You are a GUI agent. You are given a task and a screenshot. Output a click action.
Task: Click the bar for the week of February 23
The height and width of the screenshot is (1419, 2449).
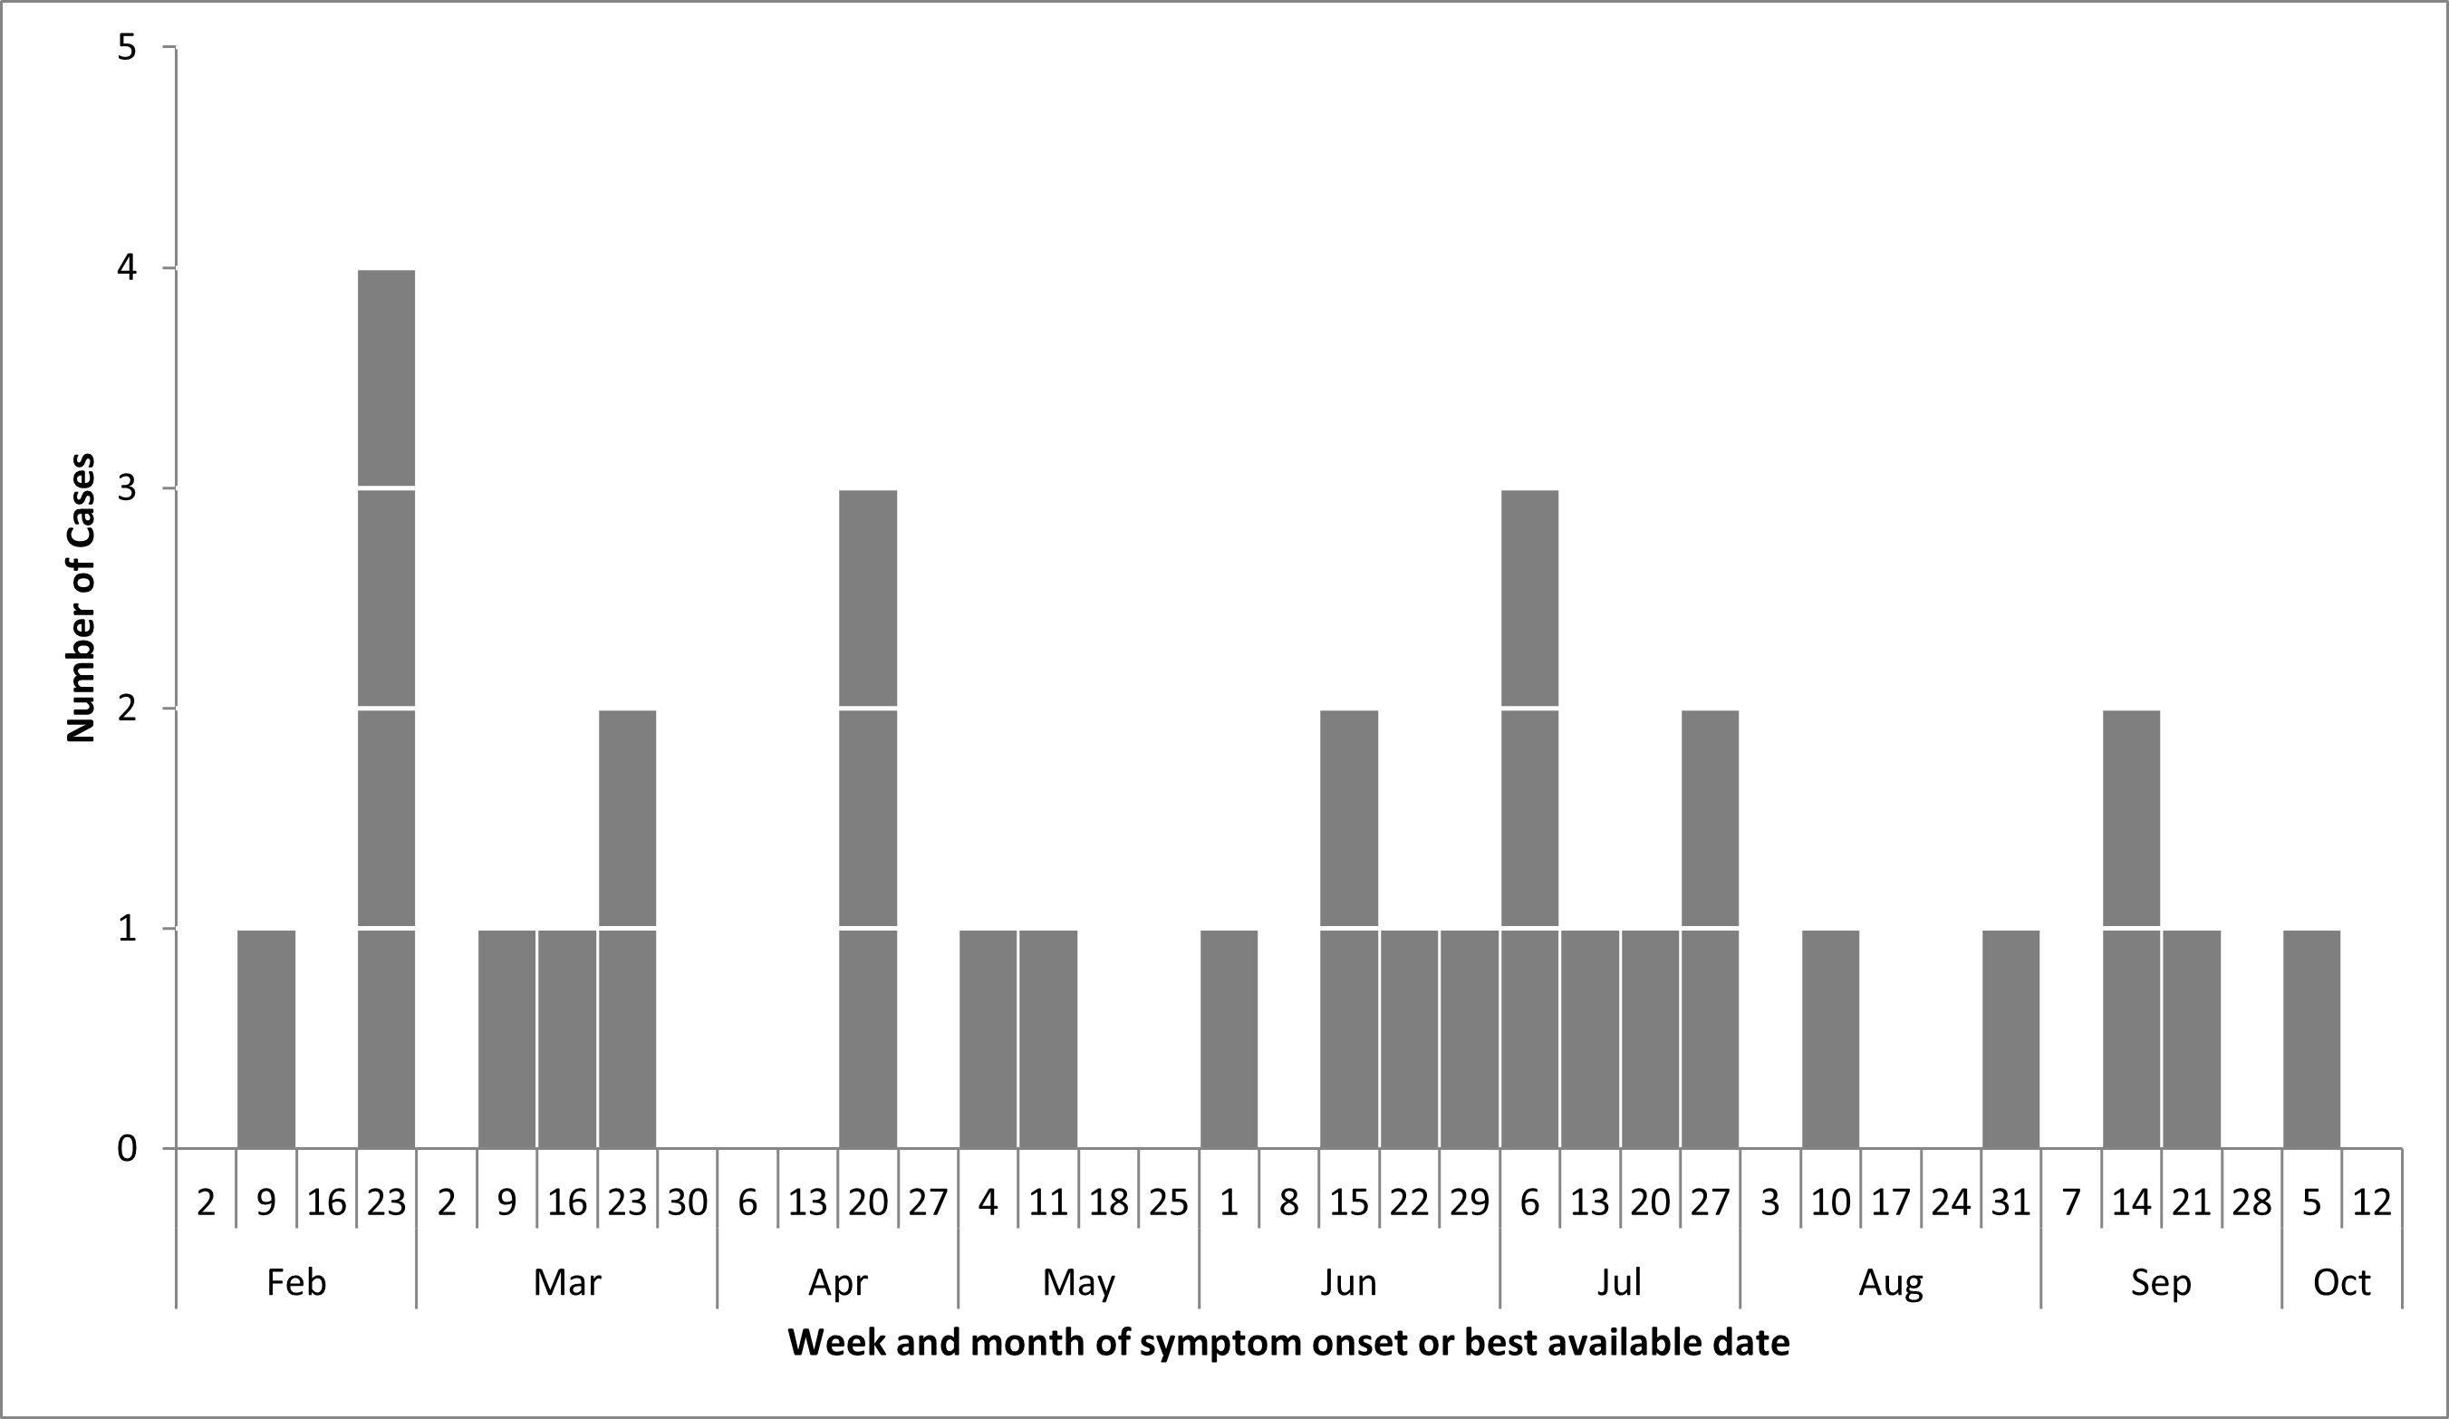[386, 709]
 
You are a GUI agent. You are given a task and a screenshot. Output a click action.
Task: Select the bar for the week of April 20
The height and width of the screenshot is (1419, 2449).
[868, 819]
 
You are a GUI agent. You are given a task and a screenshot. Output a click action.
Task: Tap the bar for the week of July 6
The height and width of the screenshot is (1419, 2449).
[1529, 819]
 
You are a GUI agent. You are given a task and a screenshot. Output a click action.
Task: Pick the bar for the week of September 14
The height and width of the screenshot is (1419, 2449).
[2131, 929]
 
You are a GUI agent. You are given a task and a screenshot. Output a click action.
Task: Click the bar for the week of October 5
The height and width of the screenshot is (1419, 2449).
[2312, 1039]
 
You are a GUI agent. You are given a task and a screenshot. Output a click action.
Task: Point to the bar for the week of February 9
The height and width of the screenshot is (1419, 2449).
[266, 1039]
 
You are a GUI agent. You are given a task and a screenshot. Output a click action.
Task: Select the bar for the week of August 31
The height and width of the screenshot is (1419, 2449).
[2010, 1039]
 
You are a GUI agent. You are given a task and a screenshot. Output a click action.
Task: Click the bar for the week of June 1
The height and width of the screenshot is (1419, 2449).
[1229, 1039]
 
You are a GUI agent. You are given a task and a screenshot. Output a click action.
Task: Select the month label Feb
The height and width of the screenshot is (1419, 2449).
[296, 1283]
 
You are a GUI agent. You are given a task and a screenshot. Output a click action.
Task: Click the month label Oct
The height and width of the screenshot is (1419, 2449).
[2342, 1283]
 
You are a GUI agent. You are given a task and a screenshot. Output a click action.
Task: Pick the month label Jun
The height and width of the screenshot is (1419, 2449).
[1349, 1283]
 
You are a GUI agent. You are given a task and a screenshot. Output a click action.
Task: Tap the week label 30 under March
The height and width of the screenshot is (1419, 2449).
[687, 1203]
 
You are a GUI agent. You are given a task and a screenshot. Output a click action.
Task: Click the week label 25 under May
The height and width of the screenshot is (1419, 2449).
[1168, 1203]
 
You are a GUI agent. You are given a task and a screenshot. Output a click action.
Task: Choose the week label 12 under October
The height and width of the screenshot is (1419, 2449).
[2372, 1203]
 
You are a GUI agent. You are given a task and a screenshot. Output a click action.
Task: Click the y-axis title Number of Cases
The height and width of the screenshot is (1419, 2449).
[82, 598]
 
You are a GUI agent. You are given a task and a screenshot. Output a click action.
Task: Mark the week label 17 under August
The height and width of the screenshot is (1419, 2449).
[1890, 1203]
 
